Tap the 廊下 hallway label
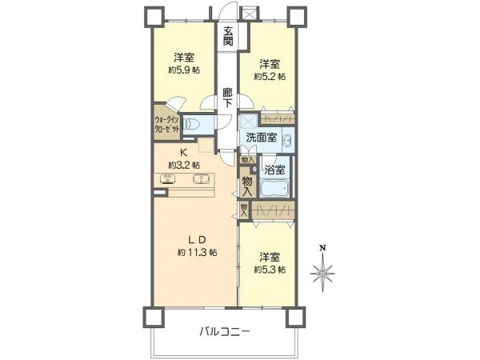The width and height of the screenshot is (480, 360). (x=228, y=98)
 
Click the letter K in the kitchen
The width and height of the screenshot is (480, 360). (x=183, y=153)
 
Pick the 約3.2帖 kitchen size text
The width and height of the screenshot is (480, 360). (x=183, y=165)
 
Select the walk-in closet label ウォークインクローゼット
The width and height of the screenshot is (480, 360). (x=168, y=126)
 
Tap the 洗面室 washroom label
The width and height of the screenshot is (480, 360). (x=262, y=137)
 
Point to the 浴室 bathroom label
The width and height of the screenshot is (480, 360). (x=275, y=170)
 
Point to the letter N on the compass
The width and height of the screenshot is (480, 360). (x=322, y=247)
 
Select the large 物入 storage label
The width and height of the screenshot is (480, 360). (x=247, y=187)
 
